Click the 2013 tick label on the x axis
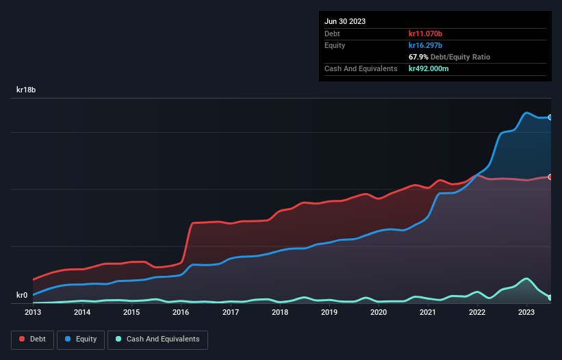[x=33, y=313]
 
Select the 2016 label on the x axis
[x=181, y=313]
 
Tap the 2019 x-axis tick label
[x=329, y=313]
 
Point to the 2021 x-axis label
[x=428, y=313]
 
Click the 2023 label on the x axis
[x=526, y=313]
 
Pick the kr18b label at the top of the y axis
[x=26, y=90]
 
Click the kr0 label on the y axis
[x=22, y=296]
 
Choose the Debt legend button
[x=33, y=339]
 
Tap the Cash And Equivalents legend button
[x=157, y=339]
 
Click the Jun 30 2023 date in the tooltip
[x=345, y=21]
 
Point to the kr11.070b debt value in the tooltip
[x=429, y=34]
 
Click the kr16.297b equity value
[x=429, y=45]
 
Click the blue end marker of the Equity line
[x=550, y=118]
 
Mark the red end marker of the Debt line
[x=550, y=177]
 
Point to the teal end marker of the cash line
[x=550, y=297]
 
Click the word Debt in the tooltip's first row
[x=332, y=34]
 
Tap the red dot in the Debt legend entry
[x=23, y=339]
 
